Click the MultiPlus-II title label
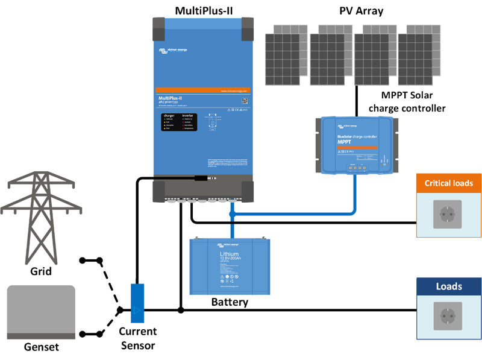204,10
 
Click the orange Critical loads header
449,183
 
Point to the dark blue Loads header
449,287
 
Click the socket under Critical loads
449,215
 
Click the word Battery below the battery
230,302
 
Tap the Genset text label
41,347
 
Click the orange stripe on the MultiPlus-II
204,90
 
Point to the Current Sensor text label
137,338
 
